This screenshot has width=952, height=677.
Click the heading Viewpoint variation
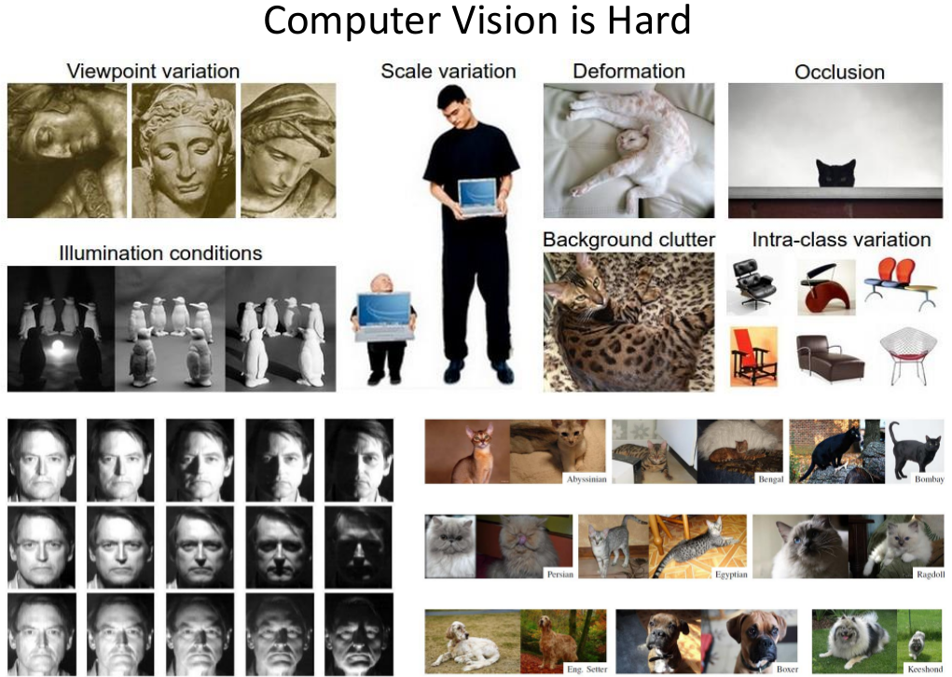pos(153,71)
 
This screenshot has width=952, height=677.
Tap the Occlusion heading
pos(839,72)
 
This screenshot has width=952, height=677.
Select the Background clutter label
pos(628,240)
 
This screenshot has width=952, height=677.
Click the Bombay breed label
pos(930,479)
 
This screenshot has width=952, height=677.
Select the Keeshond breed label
pos(925,669)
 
